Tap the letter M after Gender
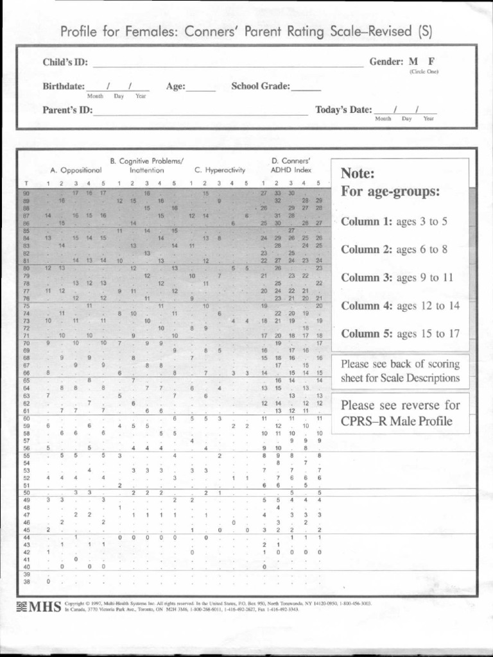click(x=414, y=62)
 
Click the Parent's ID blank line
click(x=200, y=112)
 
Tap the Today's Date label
click(x=343, y=110)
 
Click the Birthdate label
click(x=64, y=86)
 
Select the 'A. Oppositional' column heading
click(x=76, y=171)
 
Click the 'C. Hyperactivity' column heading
click(x=220, y=171)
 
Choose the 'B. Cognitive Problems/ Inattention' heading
click(x=147, y=166)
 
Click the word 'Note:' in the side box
click(x=358, y=174)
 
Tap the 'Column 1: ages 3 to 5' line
click(x=394, y=222)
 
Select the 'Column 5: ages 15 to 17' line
click(x=400, y=334)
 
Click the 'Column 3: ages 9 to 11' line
click(x=397, y=278)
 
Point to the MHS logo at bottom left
click(x=39, y=606)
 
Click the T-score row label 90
click(x=26, y=193)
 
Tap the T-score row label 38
click(x=26, y=582)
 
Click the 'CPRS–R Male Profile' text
click(x=396, y=422)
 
